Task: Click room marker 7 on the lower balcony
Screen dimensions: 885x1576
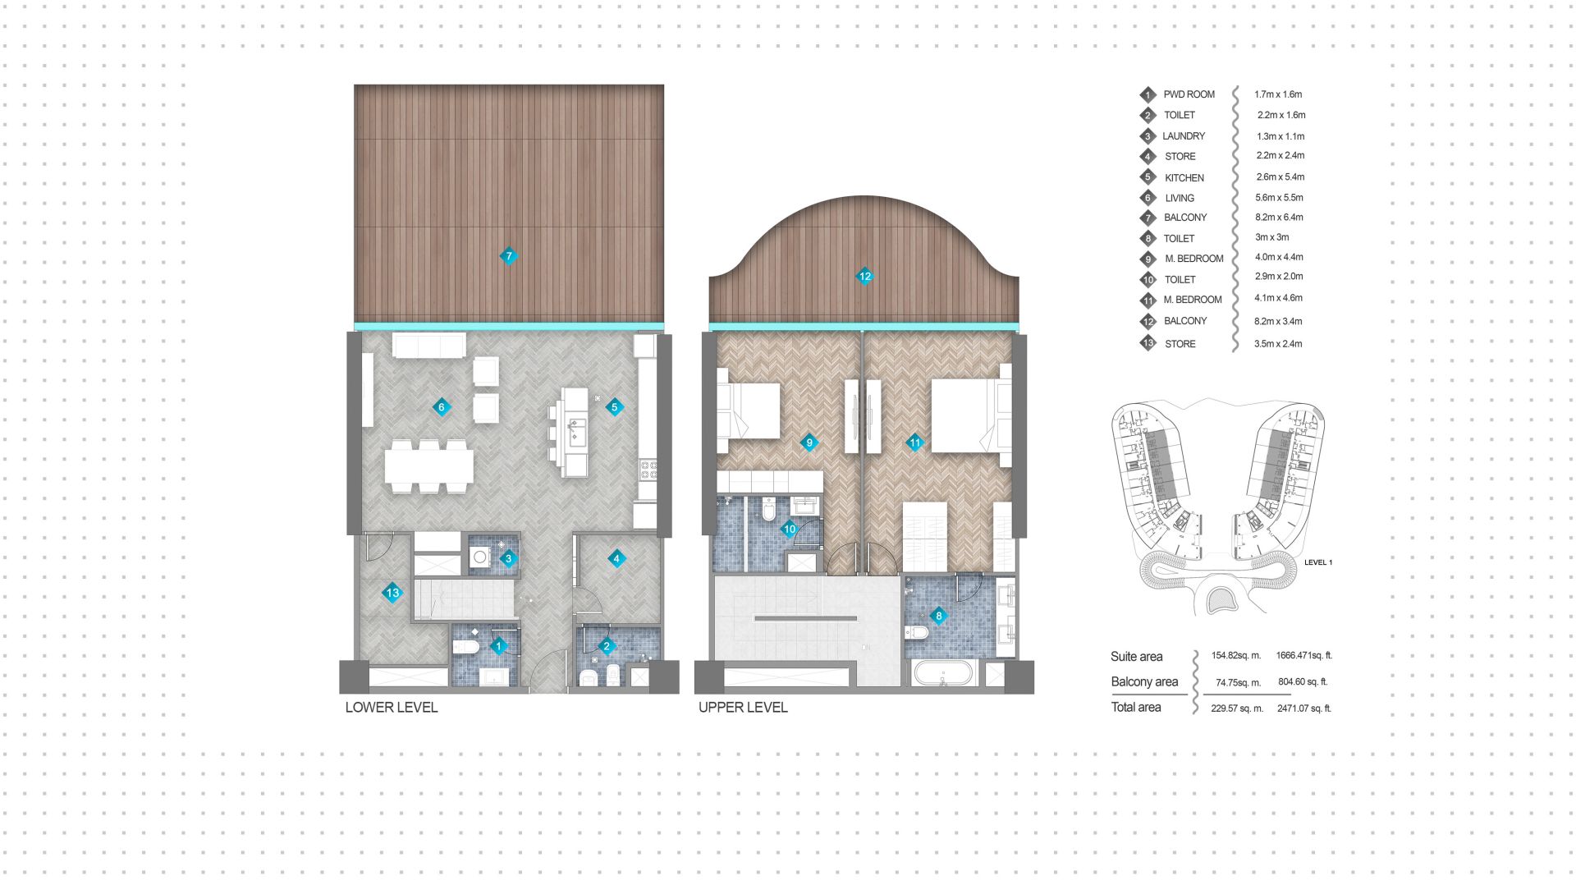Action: tap(509, 256)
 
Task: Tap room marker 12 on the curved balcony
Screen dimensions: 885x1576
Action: tap(864, 277)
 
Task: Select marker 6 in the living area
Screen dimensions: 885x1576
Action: tap(442, 407)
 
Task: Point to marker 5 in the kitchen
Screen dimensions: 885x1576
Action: tap(614, 407)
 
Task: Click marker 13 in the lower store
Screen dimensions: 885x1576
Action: tap(392, 593)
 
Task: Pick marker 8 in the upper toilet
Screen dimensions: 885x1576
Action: tap(939, 616)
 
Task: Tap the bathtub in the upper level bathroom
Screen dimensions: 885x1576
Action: tap(943, 674)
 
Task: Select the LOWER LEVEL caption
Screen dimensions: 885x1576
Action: tap(392, 707)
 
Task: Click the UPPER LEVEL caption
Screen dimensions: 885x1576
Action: tap(743, 707)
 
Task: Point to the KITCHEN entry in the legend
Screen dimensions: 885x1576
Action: tap(1184, 177)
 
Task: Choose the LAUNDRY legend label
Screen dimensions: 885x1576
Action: tap(1184, 136)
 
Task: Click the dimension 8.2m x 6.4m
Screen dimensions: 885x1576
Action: tap(1279, 218)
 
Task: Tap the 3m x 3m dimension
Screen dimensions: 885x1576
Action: tap(1271, 237)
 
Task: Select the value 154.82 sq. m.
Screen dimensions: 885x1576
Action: tap(1235, 656)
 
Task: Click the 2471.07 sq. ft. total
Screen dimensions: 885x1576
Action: tap(1303, 708)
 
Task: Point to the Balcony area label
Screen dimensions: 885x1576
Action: tap(1144, 681)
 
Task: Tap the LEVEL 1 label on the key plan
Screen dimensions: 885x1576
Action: tap(1318, 562)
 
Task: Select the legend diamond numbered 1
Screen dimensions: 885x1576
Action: tap(1148, 95)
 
